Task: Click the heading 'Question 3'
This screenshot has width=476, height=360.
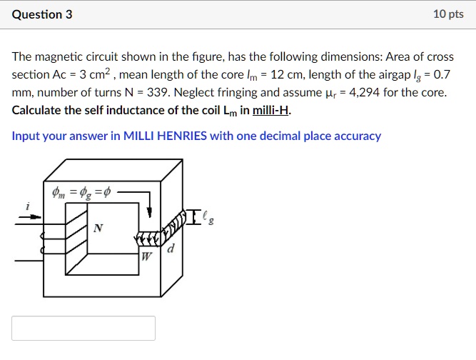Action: click(x=42, y=14)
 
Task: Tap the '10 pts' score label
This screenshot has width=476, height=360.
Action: click(x=448, y=14)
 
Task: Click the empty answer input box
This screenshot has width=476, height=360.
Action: click(x=83, y=328)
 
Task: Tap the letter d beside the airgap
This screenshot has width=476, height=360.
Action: click(x=170, y=250)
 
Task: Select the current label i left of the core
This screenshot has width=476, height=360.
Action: click(x=28, y=206)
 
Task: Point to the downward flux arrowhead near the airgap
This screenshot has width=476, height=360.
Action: click(x=150, y=211)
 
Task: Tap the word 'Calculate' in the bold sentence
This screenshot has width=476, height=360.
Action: click(x=36, y=110)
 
